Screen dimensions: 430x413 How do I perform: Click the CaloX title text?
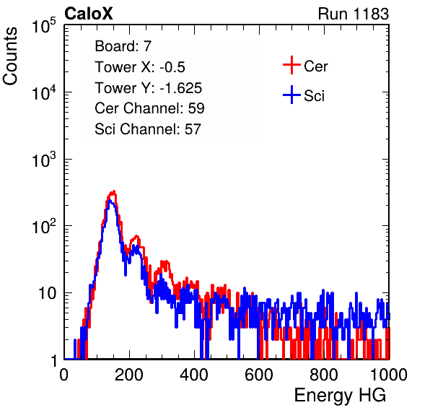(89, 14)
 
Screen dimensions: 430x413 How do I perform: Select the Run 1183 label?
(354, 14)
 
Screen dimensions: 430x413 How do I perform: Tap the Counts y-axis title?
(10, 56)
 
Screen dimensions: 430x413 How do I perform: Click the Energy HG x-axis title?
(340, 396)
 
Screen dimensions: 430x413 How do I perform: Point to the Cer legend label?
(315, 66)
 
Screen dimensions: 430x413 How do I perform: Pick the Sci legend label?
(314, 96)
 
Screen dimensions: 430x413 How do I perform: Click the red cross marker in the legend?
(291, 65)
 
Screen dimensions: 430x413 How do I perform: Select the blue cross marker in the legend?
(291, 95)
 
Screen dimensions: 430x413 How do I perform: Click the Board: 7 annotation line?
(123, 46)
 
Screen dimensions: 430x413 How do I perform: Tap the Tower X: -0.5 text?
(140, 67)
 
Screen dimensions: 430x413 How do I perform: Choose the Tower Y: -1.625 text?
(149, 88)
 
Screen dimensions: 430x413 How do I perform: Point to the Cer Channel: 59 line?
(149, 108)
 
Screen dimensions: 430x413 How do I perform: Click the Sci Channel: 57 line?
(148, 129)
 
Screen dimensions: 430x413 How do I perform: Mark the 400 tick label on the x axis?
(194, 375)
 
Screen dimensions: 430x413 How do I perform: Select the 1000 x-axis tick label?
(389, 375)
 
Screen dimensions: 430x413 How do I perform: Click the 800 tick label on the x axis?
(324, 375)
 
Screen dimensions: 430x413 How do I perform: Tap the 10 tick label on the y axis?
(48, 293)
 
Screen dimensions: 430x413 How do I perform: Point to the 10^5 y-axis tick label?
(44, 25)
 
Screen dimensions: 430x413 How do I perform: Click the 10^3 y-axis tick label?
(44, 160)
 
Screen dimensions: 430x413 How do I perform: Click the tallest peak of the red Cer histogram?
(113, 192)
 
